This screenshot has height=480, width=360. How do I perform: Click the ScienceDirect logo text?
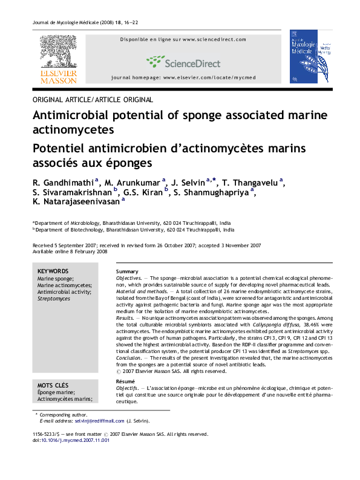(x=184, y=62)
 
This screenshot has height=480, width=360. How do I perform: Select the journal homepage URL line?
(x=183, y=79)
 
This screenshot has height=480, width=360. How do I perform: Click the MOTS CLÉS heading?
(x=53, y=385)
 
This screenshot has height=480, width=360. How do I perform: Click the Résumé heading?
(x=126, y=381)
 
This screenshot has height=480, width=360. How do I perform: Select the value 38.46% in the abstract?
(x=292, y=325)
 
